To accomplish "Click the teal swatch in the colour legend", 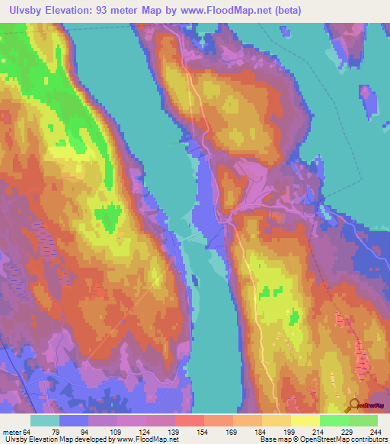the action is [45, 420].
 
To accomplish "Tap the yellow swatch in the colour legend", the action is [305, 420].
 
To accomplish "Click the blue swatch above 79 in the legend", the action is [74, 420].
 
